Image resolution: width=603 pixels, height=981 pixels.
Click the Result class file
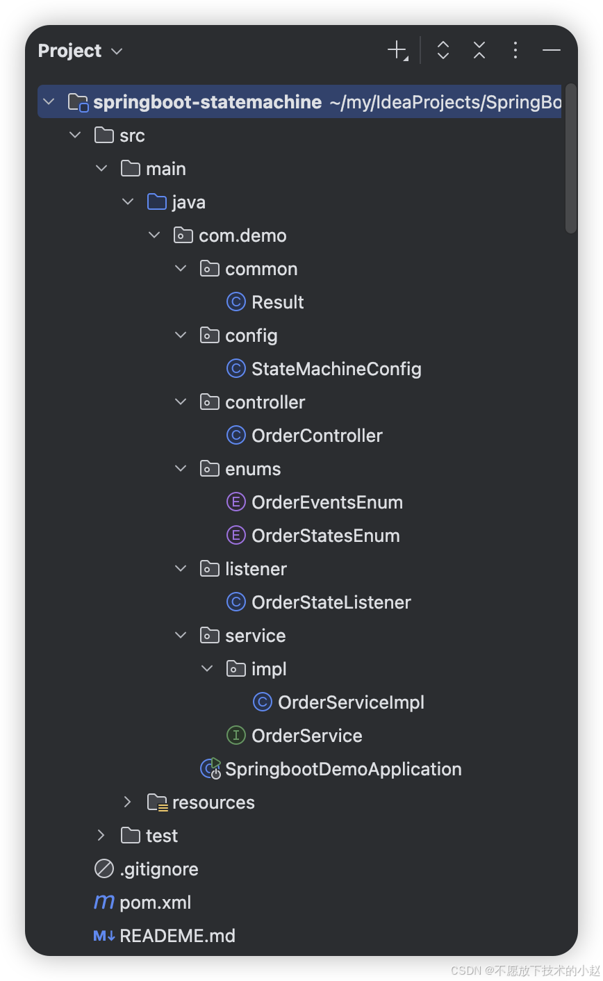point(277,302)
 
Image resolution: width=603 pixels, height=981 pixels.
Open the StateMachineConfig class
point(336,369)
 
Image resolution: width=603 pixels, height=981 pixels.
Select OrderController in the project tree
point(317,436)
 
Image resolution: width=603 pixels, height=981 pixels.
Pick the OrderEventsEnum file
point(327,502)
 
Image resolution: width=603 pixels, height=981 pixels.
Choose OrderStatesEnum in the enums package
point(325,536)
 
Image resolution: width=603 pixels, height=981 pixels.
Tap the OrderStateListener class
point(331,602)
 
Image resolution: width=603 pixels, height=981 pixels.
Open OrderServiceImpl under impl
point(351,702)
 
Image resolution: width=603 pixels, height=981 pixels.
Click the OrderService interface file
point(306,736)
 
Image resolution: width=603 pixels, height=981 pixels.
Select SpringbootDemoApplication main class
point(343,769)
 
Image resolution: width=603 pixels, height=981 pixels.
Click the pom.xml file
point(155,902)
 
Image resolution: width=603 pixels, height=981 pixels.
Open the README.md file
point(177,936)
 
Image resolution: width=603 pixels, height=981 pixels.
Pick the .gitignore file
point(158,869)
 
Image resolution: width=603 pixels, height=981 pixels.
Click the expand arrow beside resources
point(127,802)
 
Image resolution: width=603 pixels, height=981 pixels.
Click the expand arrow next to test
point(101,836)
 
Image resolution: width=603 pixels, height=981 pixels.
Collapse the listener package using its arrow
point(181,569)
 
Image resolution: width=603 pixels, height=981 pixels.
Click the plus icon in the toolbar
point(397,50)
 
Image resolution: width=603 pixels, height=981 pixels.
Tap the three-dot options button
point(515,50)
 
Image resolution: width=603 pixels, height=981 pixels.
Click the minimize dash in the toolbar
point(552,50)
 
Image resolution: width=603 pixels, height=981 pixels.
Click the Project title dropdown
point(80,51)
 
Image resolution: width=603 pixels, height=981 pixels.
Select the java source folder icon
point(157,202)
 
